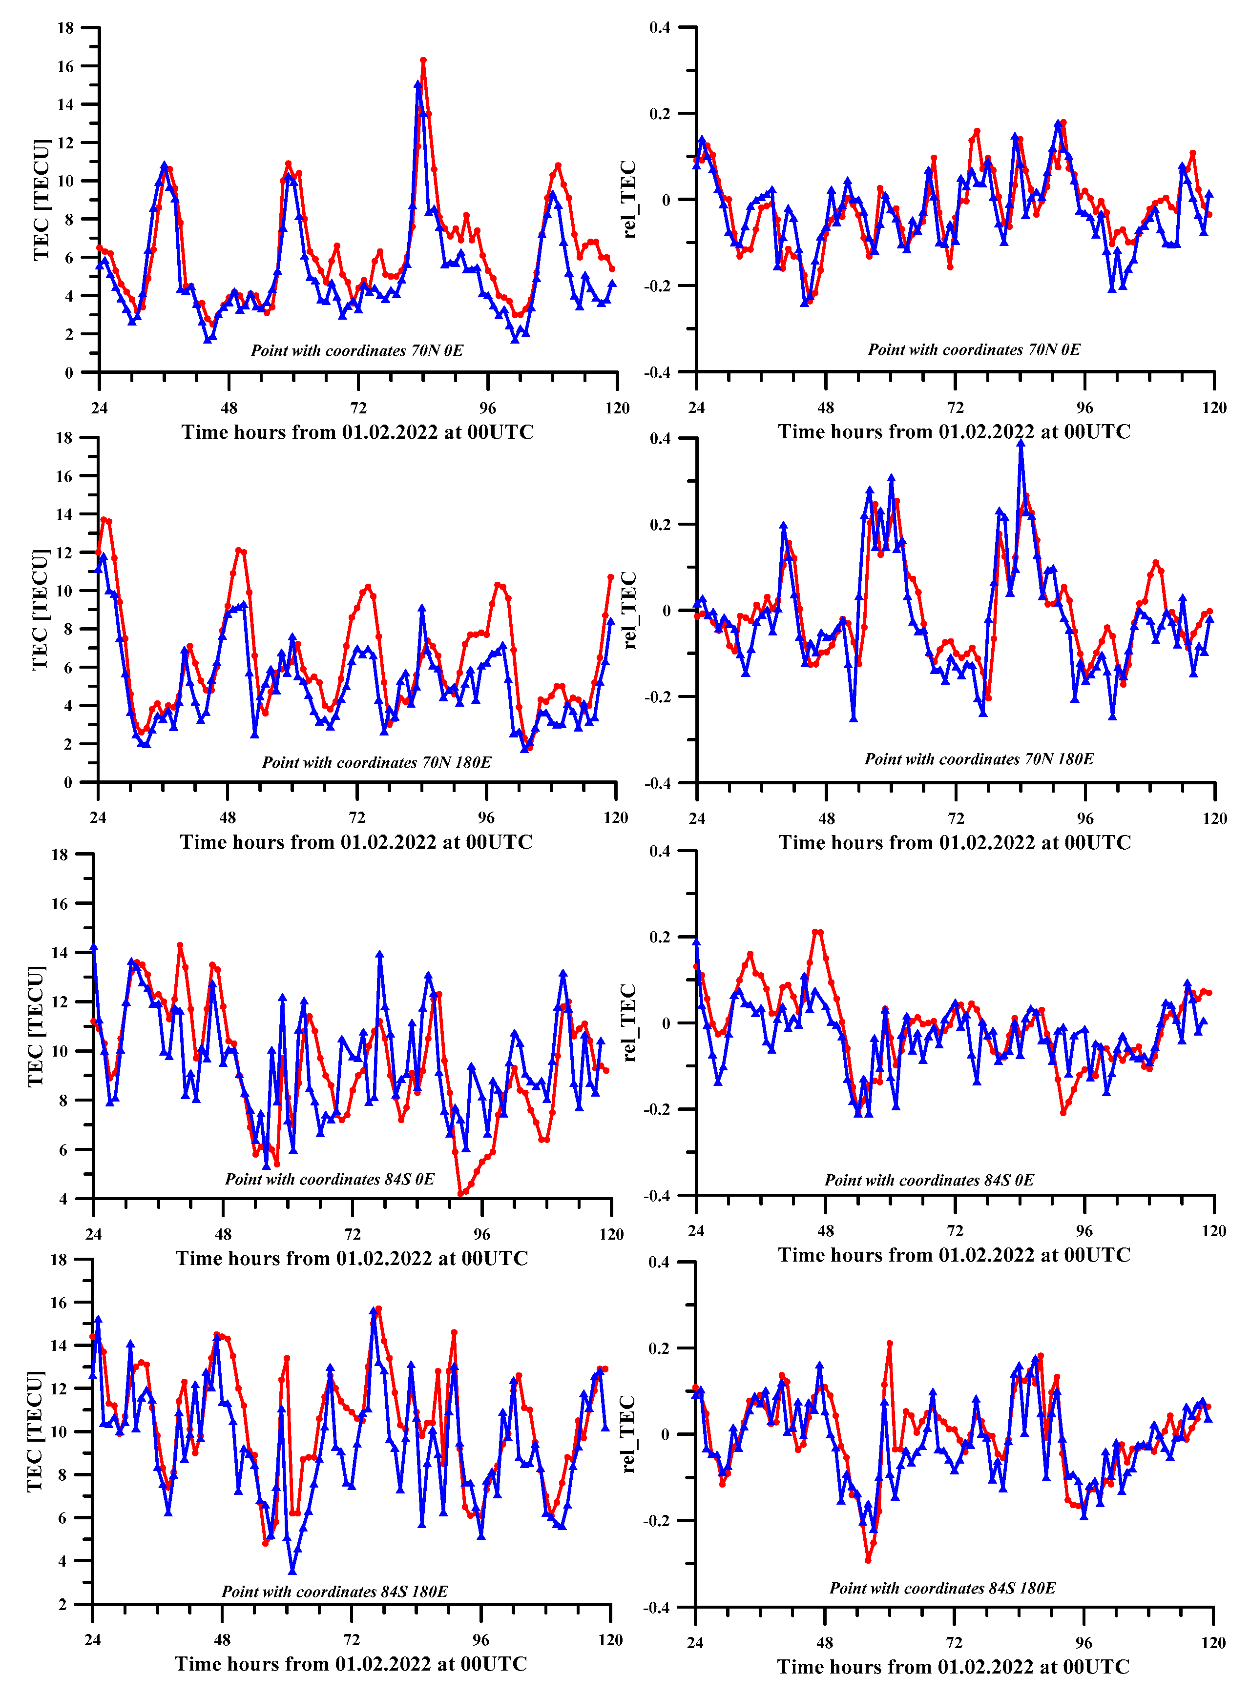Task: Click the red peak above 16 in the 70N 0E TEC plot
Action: (x=423, y=60)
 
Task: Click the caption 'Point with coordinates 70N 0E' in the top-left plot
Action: (x=356, y=350)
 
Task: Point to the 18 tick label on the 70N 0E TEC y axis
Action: (x=66, y=28)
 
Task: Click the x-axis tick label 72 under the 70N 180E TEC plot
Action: (x=356, y=817)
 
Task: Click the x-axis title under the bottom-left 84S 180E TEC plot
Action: (x=351, y=1664)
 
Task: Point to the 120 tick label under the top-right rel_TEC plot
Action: (x=1214, y=408)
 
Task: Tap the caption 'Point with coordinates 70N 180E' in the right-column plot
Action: (x=979, y=758)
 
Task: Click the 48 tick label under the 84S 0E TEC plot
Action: (x=223, y=1234)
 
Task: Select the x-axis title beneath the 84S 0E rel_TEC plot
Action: (x=954, y=1255)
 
